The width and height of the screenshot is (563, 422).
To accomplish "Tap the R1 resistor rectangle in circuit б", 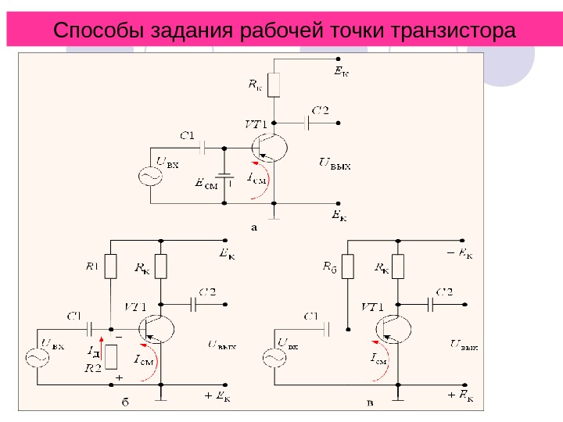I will (111, 266).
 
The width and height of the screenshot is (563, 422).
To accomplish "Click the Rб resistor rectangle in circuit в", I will (349, 266).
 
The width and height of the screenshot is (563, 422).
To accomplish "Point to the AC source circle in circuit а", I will (149, 177).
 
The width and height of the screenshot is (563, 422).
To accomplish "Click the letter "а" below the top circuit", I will (253, 229).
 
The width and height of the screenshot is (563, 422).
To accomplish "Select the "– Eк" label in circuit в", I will (461, 253).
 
